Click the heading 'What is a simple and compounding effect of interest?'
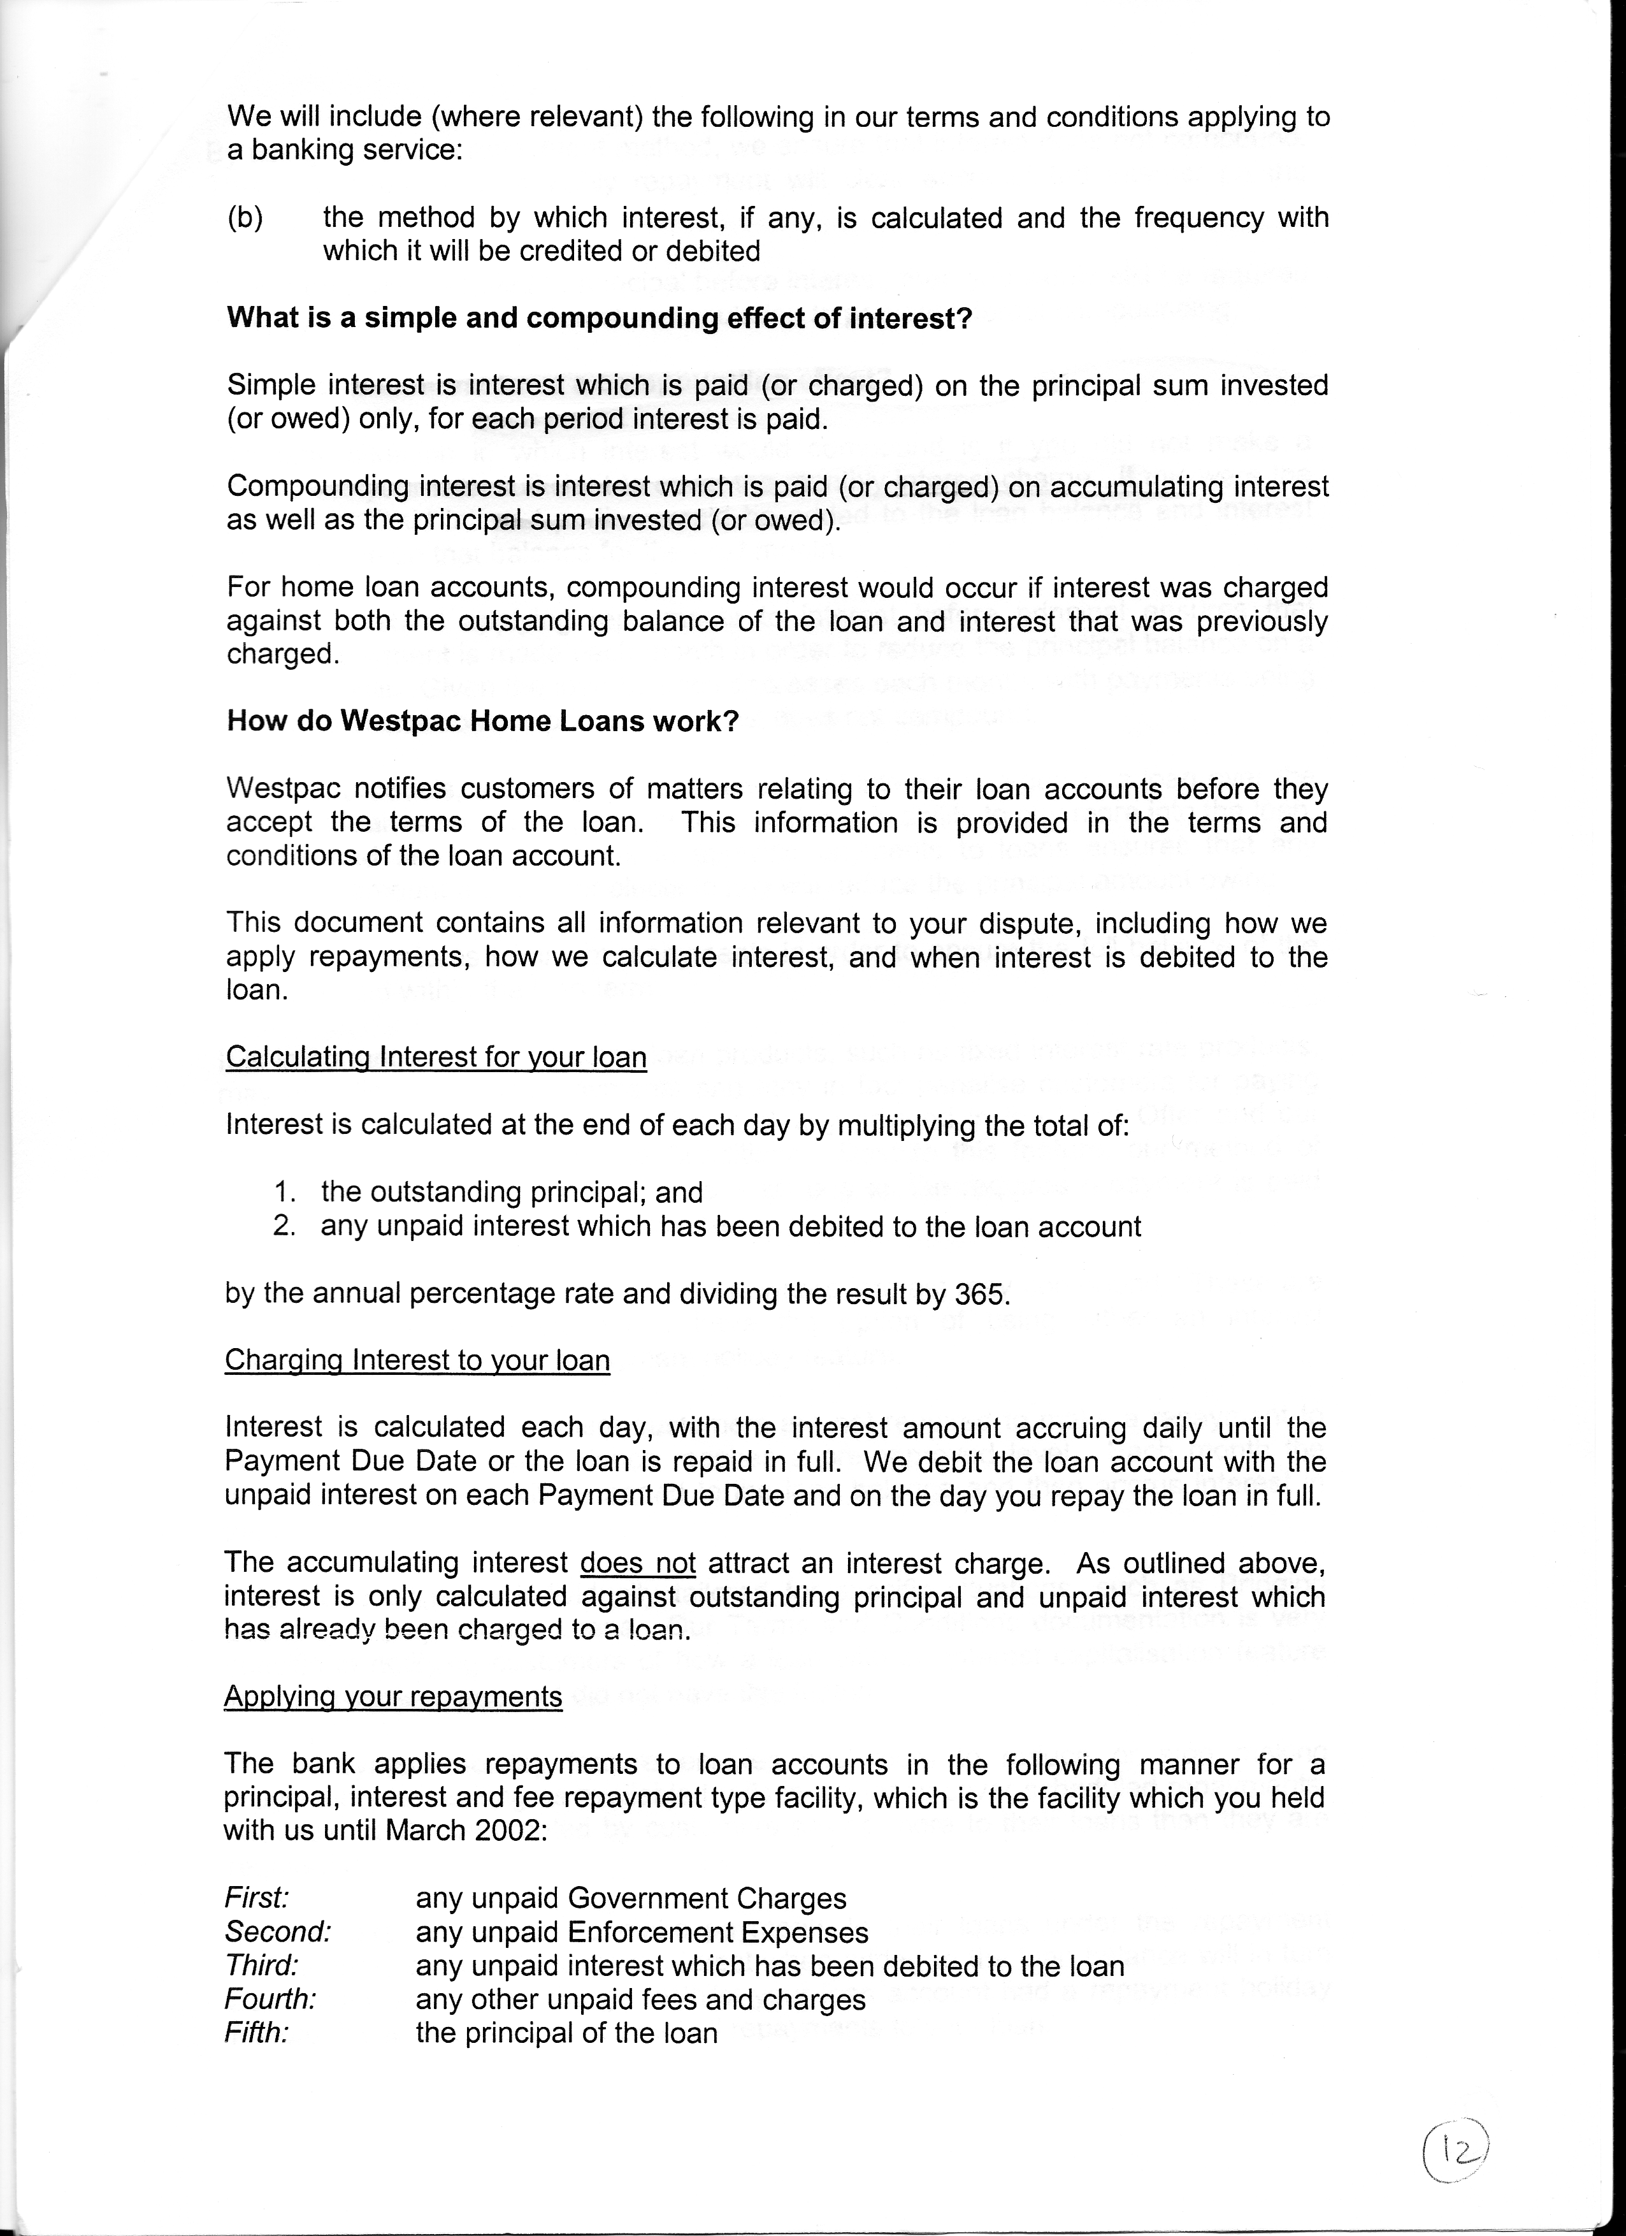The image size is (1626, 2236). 599,319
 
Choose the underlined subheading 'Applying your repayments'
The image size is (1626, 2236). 392,1695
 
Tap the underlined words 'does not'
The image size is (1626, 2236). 638,1563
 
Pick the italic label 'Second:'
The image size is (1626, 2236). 277,1931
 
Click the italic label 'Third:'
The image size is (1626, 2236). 261,1965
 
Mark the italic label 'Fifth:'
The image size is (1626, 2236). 256,2032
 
